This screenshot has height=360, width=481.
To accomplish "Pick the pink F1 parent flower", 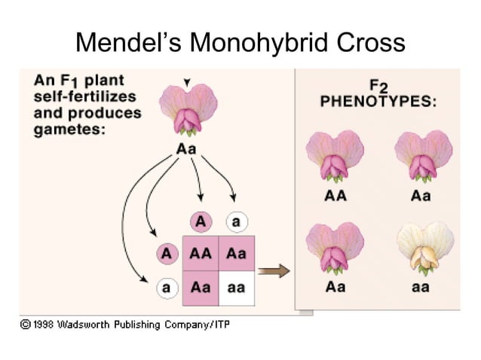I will tap(187, 108).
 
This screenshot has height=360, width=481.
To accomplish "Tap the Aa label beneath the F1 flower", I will tap(186, 148).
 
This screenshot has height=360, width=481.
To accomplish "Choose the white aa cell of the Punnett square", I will tap(235, 288).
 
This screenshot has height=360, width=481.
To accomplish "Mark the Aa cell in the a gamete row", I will tap(201, 288).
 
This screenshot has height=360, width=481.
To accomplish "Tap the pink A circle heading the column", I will tap(201, 221).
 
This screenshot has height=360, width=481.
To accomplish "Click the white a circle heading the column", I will tap(235, 221).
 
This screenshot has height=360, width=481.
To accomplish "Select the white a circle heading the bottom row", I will tap(166, 288).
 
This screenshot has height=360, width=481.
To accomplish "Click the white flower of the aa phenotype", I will tap(424, 247).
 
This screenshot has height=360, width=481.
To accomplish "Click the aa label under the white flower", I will tap(421, 287).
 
